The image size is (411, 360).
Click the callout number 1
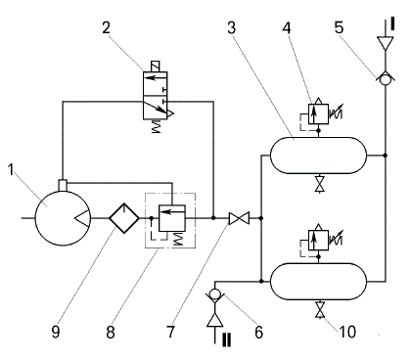point(12,170)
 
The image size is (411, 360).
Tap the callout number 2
point(106,27)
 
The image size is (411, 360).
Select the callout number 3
point(231,27)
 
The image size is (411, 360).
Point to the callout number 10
point(347,332)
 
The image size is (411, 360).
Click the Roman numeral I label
point(392,24)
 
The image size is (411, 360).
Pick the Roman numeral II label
point(226,339)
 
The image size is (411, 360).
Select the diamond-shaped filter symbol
point(124,218)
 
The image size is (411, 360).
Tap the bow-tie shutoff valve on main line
point(239,218)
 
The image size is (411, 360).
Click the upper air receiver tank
point(319,156)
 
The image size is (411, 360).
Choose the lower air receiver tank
point(319,282)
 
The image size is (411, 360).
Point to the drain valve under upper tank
point(319,185)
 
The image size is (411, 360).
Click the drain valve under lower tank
point(319,310)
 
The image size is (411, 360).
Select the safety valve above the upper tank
point(318,113)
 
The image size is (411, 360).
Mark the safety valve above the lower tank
point(318,240)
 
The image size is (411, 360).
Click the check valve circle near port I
point(386,79)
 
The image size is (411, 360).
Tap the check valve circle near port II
point(214,294)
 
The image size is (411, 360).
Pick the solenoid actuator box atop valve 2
point(156,67)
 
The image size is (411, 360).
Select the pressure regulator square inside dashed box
point(172,218)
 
